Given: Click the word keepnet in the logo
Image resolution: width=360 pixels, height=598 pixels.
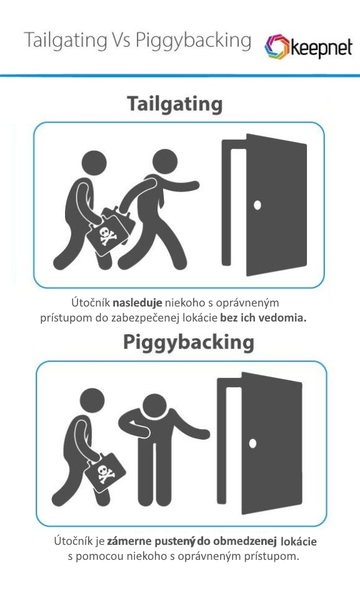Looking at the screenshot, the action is [321, 48].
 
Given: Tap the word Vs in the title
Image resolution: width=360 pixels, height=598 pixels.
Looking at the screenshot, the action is [121, 40].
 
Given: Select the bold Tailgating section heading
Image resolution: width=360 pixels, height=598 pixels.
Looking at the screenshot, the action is [175, 104].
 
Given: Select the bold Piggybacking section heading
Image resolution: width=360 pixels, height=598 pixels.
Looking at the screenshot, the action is [189, 342].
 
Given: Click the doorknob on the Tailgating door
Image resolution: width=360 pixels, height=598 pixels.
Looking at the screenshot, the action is [257, 205].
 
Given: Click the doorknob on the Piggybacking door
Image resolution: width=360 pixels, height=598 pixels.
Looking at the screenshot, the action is [252, 443].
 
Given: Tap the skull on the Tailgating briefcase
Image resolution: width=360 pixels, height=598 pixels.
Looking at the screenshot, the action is [107, 235].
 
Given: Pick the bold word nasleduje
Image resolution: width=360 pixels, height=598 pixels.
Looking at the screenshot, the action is [137, 303].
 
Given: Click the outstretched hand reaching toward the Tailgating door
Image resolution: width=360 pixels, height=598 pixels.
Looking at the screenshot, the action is [192, 185].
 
